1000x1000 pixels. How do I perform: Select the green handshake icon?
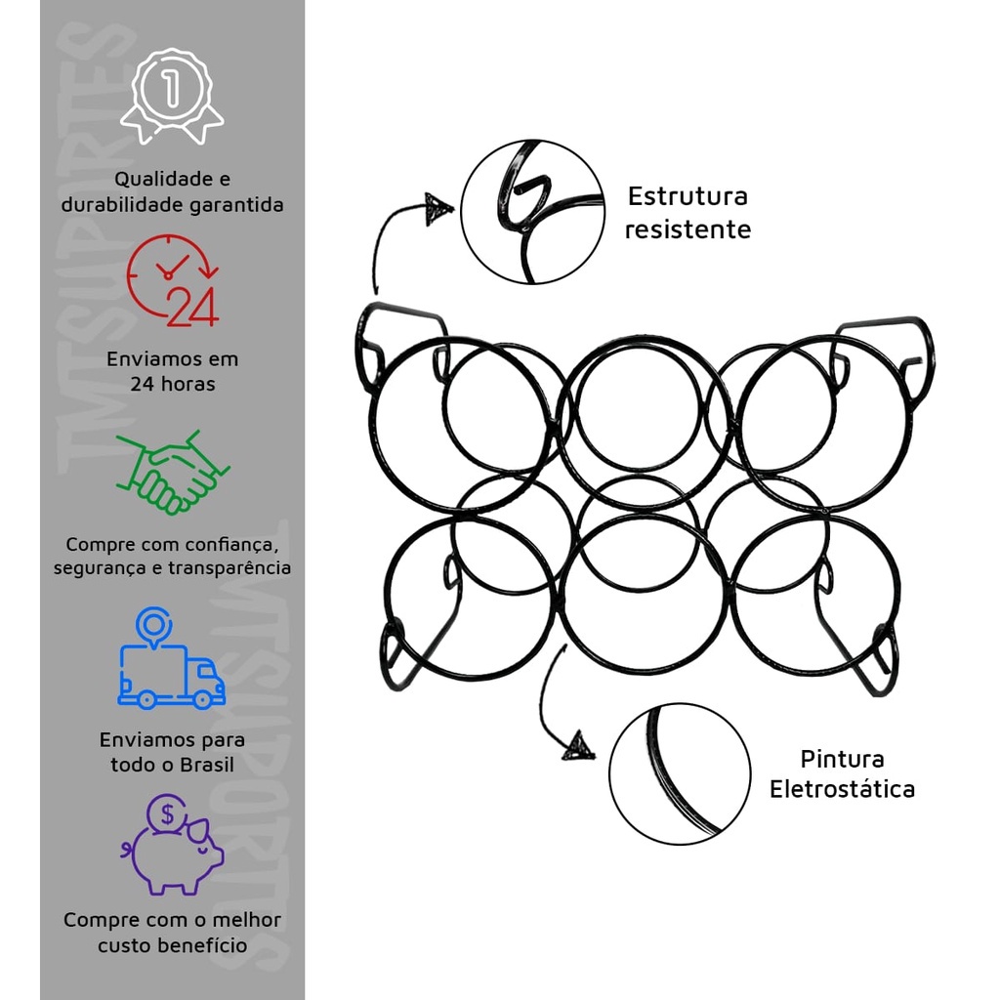click(172, 473)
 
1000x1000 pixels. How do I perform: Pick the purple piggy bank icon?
click(174, 852)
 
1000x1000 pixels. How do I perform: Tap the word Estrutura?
click(687, 196)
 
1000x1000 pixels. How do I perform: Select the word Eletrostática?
click(842, 789)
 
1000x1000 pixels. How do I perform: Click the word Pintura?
click(842, 759)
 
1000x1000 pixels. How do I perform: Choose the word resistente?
click(687, 229)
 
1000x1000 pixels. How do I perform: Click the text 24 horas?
click(172, 384)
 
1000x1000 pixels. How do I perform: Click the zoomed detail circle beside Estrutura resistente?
click(532, 212)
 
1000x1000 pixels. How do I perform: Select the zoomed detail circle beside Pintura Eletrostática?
click(680, 773)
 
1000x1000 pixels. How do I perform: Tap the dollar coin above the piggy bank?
click(167, 812)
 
